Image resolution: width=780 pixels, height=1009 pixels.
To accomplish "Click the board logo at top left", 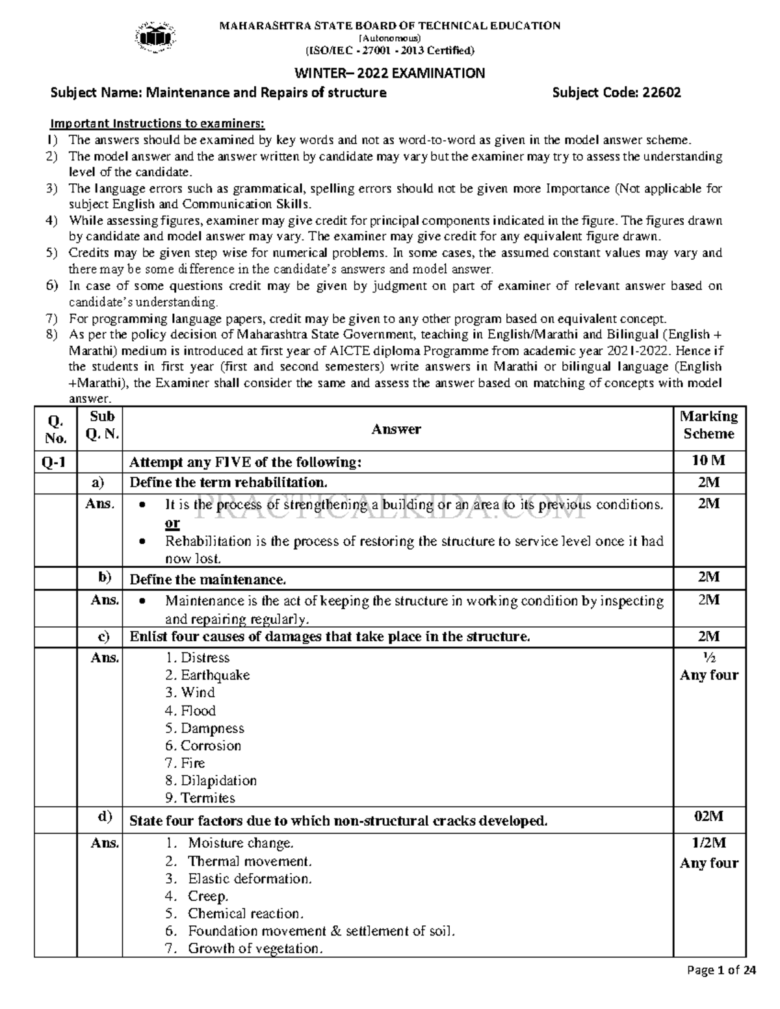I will (155, 36).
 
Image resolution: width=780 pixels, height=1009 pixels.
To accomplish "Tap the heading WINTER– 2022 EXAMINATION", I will (389, 73).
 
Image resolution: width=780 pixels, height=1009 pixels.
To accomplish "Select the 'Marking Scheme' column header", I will (708, 425).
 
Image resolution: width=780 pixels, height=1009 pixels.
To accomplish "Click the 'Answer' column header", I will (396, 429).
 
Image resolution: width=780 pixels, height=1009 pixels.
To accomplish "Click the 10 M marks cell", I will (708, 461).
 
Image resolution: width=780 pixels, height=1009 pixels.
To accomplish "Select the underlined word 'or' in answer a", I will (172, 523).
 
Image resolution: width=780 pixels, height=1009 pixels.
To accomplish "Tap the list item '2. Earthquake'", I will (207, 675).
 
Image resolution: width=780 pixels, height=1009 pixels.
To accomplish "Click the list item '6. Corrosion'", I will (203, 745).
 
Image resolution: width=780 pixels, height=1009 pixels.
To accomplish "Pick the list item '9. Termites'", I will (200, 798).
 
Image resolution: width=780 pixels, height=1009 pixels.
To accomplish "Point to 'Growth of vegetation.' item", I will (254, 949).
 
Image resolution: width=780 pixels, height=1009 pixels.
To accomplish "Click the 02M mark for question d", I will (708, 817).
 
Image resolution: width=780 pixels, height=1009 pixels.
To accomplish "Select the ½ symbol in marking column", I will (708, 658).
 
